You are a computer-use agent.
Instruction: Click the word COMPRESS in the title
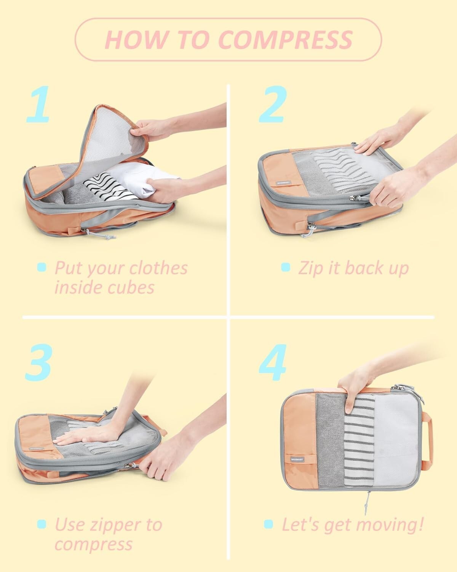[x=286, y=39]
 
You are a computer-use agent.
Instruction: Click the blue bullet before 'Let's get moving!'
[x=268, y=524]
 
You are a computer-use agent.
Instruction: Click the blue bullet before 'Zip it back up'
[x=285, y=267]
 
